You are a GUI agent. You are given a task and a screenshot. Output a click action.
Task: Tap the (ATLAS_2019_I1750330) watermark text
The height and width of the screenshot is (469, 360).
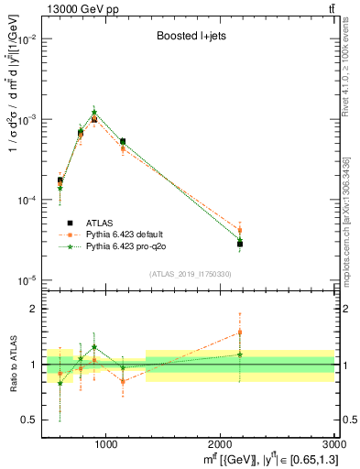pyautogui.click(x=188, y=273)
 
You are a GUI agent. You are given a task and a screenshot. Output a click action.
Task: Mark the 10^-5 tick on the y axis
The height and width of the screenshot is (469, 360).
pyautogui.click(x=30, y=280)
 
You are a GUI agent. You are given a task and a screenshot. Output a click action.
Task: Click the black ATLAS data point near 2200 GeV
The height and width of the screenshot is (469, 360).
pyautogui.click(x=240, y=244)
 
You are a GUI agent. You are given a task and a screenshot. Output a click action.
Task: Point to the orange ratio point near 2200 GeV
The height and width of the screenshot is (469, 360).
pyautogui.click(x=240, y=333)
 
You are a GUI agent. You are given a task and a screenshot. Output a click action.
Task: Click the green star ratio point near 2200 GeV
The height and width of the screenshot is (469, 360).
pyautogui.click(x=240, y=354)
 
